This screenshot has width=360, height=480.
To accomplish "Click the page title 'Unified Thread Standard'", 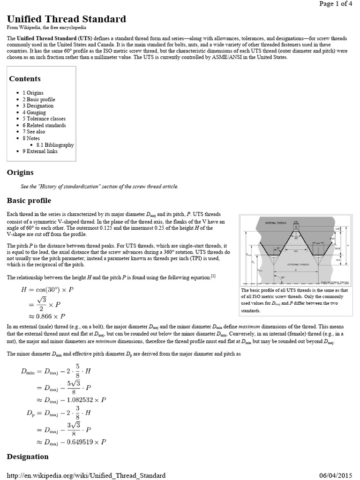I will pos(66,19).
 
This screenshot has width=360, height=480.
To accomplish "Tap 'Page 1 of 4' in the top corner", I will pos(336,4).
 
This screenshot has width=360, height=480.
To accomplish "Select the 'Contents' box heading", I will pos(25,79).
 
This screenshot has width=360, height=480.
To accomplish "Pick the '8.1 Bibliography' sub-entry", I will pos(55,145).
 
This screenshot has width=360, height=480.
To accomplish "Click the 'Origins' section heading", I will pos(20,173).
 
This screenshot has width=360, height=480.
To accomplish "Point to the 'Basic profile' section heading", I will pos(29,201).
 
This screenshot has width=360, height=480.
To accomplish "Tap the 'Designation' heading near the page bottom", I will pos(28,457).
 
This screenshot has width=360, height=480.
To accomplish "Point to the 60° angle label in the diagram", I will pos(297,238).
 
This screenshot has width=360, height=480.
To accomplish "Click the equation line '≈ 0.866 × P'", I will pos(43,316).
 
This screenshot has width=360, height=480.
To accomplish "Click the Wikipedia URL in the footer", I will pos(86,475).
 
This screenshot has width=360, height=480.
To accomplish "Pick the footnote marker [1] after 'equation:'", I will pos(213,276).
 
